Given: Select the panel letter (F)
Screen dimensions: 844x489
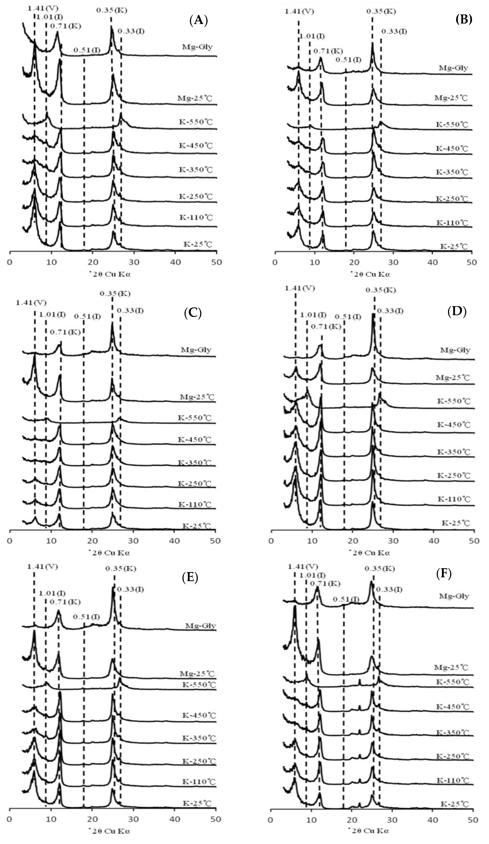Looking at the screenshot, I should [444, 574].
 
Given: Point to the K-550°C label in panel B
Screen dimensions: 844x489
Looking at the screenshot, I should [451, 125].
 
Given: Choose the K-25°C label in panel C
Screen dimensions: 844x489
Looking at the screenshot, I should [197, 526].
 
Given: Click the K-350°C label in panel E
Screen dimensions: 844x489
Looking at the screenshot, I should [199, 738].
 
